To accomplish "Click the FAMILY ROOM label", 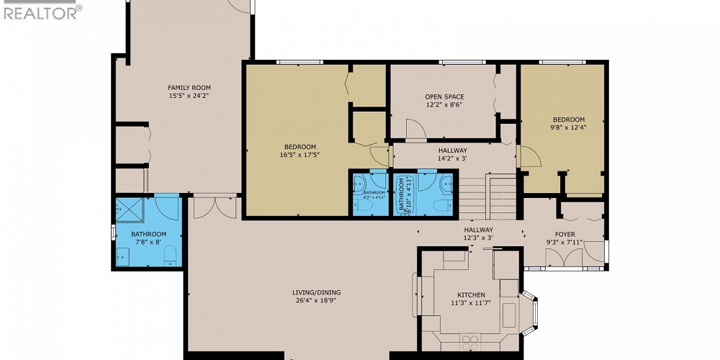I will click(189, 88).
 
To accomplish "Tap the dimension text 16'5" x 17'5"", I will click(298, 154).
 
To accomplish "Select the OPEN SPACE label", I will click(444, 96).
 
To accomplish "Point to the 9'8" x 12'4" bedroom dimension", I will click(568, 127).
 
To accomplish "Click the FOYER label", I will click(564, 234).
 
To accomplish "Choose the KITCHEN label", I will click(472, 295).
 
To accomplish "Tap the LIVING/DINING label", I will click(316, 292).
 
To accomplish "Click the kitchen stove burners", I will click(471, 341).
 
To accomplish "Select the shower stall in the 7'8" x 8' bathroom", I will click(131, 210).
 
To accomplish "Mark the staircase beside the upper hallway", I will click(488, 194).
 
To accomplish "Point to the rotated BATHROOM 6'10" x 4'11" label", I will click(403, 193).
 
